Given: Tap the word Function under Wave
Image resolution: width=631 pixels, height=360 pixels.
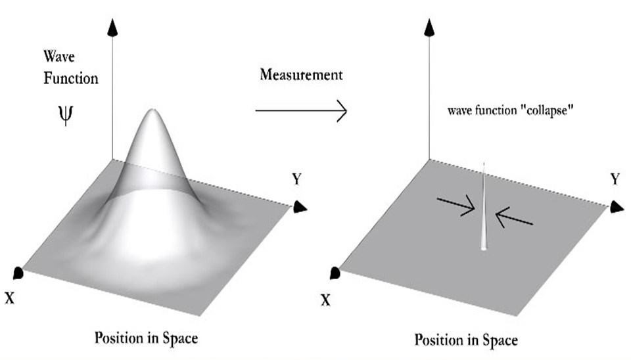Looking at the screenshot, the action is point(70,79).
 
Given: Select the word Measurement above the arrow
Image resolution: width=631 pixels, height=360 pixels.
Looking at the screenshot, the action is point(300,74).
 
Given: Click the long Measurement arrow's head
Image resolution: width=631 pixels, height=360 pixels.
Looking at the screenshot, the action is point(340,110).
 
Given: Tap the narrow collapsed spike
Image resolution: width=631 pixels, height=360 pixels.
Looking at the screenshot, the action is point(484,210).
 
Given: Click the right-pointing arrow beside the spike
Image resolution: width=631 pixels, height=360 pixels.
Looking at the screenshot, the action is point(460,208).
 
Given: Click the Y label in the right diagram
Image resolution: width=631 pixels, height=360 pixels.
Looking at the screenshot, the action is point(615,179).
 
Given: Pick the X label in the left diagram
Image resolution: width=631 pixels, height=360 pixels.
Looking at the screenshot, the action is point(10,298).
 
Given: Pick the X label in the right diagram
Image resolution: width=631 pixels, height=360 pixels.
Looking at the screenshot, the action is point(326,300).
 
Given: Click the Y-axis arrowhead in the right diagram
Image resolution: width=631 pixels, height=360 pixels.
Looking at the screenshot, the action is point(616,207).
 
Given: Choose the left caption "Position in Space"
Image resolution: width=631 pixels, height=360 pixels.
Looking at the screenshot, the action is point(146,338).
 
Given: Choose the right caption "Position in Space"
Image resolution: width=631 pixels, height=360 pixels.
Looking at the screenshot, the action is point(465,340).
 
